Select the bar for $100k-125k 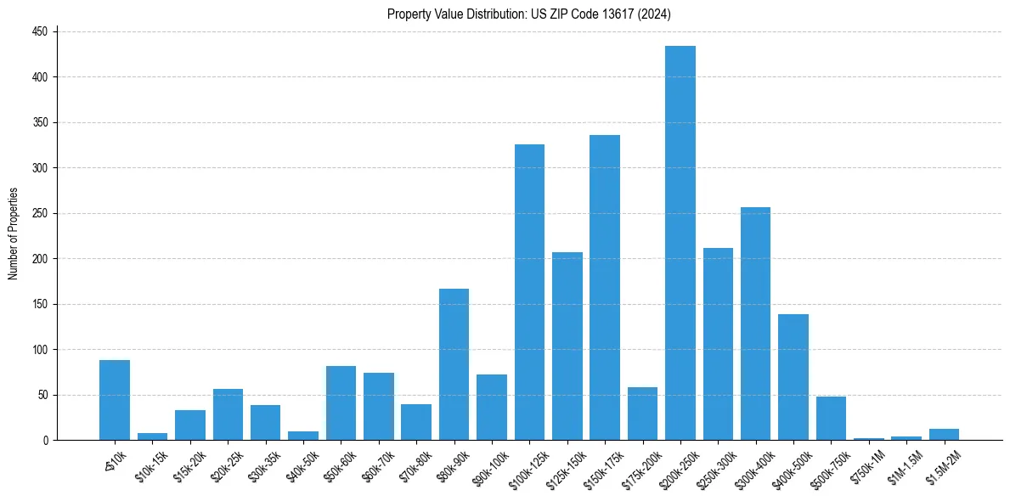(529, 292)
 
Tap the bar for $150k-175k (605, 288)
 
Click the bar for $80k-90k (454, 364)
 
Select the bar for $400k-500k (793, 377)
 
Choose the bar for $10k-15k (152, 436)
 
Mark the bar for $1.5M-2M (943, 435)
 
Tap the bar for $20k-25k (228, 414)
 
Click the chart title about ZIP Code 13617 (529, 14)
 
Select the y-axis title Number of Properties (13, 234)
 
